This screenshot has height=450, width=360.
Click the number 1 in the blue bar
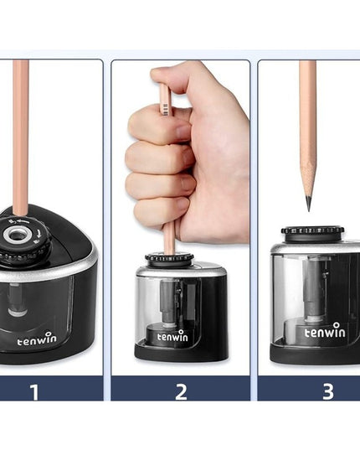point(34,391)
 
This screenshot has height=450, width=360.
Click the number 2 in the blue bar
point(181,391)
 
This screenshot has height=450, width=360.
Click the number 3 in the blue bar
point(328,391)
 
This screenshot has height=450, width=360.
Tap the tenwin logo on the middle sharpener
point(172,335)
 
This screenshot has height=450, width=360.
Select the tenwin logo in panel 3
point(325,330)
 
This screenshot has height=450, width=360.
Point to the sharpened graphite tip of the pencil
point(308,203)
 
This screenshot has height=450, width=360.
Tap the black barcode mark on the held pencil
point(166,110)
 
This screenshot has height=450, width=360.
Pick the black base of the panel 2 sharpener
point(181,352)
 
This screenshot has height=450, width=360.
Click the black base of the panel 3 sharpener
point(315,354)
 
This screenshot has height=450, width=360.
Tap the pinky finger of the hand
point(162,211)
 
